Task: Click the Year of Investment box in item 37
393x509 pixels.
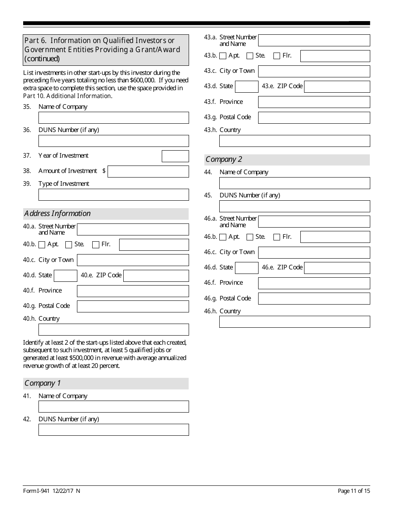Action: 175,156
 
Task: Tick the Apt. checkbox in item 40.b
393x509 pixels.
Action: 42,245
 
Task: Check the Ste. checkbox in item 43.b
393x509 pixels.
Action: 250,56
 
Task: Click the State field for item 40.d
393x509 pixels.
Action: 65,276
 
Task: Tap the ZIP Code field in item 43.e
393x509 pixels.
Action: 337,86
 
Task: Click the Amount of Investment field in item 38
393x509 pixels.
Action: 148,171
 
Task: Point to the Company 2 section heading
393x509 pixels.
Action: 224,160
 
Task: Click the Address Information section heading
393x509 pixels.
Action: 57,214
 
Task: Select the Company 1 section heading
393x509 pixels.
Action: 42,383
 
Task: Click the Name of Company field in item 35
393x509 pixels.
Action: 113,118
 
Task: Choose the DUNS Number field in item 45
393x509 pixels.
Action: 295,206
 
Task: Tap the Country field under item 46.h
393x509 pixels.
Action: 295,322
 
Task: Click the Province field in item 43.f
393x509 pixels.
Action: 314,102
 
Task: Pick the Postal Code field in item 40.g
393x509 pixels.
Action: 133,306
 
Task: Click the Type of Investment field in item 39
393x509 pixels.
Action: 113,194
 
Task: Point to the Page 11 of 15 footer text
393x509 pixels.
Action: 354,491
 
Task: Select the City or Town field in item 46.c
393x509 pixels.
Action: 314,252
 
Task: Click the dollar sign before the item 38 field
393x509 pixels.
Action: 104,171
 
